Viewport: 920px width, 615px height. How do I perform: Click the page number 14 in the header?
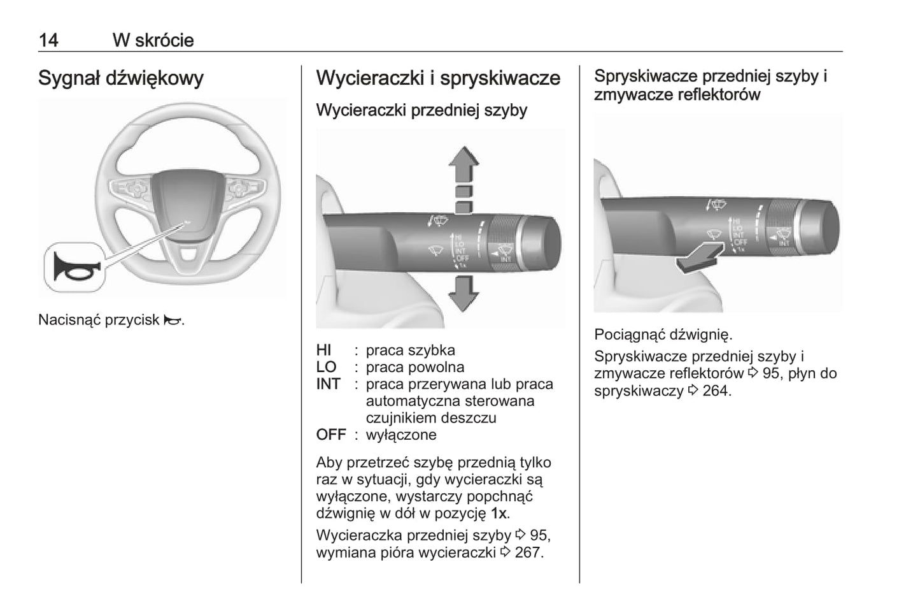[x=48, y=40]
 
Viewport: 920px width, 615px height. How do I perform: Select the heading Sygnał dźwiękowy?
[x=121, y=78]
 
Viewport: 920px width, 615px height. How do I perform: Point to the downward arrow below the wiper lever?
[x=464, y=293]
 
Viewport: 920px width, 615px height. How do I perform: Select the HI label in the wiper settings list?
[x=323, y=350]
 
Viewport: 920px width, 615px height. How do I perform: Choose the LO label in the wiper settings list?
[x=326, y=367]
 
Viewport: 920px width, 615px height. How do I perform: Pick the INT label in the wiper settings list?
[x=328, y=384]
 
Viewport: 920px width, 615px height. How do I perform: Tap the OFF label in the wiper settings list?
[x=331, y=435]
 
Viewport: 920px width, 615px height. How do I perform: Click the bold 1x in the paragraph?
[x=499, y=513]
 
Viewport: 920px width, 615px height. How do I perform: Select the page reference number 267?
[x=528, y=552]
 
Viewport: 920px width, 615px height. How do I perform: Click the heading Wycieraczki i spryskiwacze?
[x=438, y=78]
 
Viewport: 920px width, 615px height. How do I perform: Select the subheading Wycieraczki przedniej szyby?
[x=421, y=110]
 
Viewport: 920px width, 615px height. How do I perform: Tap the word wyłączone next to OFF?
[x=401, y=435]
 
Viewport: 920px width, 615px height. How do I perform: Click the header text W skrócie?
[x=153, y=40]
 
